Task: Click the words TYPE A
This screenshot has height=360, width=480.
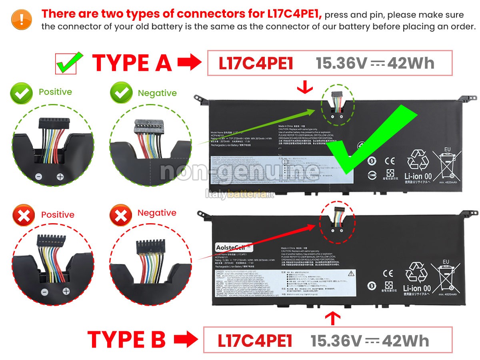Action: (132, 63)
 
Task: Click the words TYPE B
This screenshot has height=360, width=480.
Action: (126, 340)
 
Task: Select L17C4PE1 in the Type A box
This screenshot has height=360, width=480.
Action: (256, 63)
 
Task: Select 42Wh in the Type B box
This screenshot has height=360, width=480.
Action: (405, 340)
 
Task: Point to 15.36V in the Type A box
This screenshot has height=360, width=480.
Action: (341, 63)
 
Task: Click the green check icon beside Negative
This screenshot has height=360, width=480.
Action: (121, 93)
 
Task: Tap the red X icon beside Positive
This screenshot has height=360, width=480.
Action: (24, 216)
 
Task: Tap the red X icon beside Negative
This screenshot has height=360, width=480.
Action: (121, 214)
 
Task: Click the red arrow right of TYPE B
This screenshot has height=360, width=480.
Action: (186, 340)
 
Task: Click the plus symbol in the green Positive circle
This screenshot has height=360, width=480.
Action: (60, 176)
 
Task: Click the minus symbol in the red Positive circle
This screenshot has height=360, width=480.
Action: (45, 292)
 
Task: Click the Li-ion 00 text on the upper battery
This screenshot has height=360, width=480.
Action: (417, 176)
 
